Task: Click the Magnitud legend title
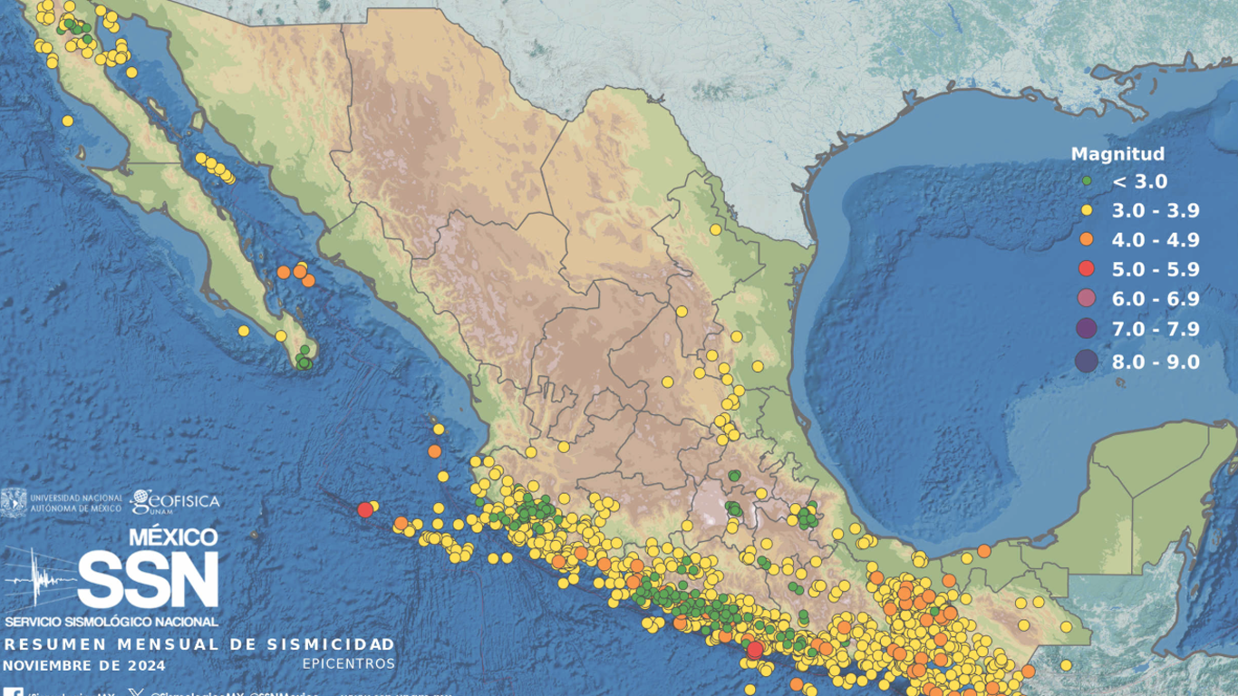point(1117,154)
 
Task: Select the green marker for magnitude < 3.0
point(1087,181)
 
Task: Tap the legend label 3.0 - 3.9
point(1156,211)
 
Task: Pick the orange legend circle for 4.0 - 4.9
point(1087,240)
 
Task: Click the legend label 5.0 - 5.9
point(1156,269)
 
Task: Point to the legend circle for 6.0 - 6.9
point(1087,299)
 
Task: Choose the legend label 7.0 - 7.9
point(1156,329)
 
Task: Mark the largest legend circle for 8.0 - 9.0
point(1086,362)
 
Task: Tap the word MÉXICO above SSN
point(172,537)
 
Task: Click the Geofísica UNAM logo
point(175,501)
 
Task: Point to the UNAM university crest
point(14,502)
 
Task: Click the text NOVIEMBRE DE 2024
point(84,666)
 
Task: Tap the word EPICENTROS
point(349,664)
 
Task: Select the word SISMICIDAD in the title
point(331,644)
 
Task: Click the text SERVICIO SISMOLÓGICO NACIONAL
point(111,622)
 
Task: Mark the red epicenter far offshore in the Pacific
point(365,509)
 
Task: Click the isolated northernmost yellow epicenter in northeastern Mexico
point(715,229)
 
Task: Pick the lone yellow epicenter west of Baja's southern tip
point(243,331)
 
